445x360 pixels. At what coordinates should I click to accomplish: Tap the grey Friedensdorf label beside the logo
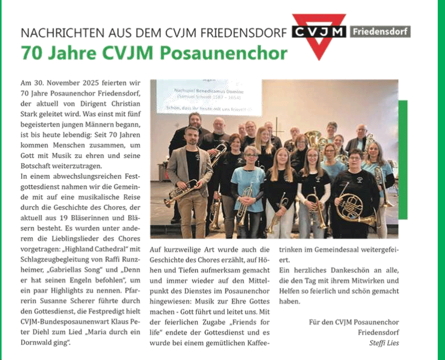click(380, 32)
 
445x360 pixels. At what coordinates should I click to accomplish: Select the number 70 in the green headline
click(30, 53)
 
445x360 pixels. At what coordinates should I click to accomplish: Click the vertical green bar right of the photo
click(402, 156)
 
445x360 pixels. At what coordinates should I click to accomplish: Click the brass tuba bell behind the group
click(313, 139)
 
